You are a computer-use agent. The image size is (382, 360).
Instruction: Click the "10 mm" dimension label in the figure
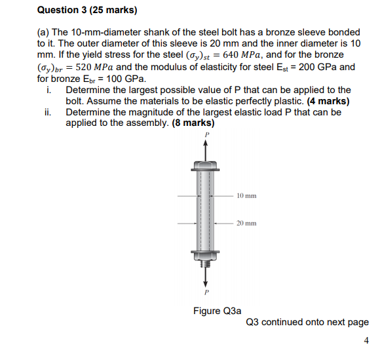pyautogui.click(x=246, y=195)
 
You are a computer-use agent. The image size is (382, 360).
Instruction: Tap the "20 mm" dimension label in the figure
pyautogui.click(x=246, y=223)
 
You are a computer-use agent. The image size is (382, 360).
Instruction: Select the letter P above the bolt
pyautogui.click(x=206, y=134)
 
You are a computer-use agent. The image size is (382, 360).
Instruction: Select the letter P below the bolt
pyautogui.click(x=206, y=292)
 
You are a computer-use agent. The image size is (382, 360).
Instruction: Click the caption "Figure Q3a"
pyautogui.click(x=216, y=310)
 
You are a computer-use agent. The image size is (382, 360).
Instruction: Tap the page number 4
pyautogui.click(x=366, y=340)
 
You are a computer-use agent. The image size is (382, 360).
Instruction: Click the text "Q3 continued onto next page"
pyautogui.click(x=307, y=322)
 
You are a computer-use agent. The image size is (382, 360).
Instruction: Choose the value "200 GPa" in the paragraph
pyautogui.click(x=317, y=67)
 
